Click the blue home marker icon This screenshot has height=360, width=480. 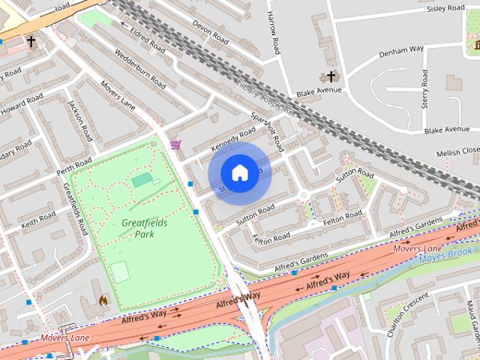[239, 172]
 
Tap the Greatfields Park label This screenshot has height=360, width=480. [144, 228]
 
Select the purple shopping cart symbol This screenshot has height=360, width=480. [175, 145]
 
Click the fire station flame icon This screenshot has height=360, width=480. [103, 300]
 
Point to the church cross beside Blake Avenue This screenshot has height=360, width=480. [330, 76]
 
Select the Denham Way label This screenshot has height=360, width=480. [401, 49]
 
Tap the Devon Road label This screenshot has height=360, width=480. [210, 30]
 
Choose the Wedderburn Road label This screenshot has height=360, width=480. [139, 68]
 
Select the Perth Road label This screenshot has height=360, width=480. [74, 167]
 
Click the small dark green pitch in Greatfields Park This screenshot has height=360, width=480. [141, 180]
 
